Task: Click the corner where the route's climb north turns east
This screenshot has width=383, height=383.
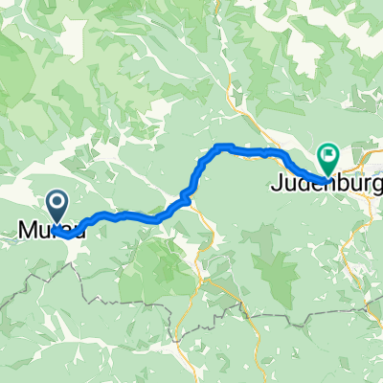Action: [x=217, y=147]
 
